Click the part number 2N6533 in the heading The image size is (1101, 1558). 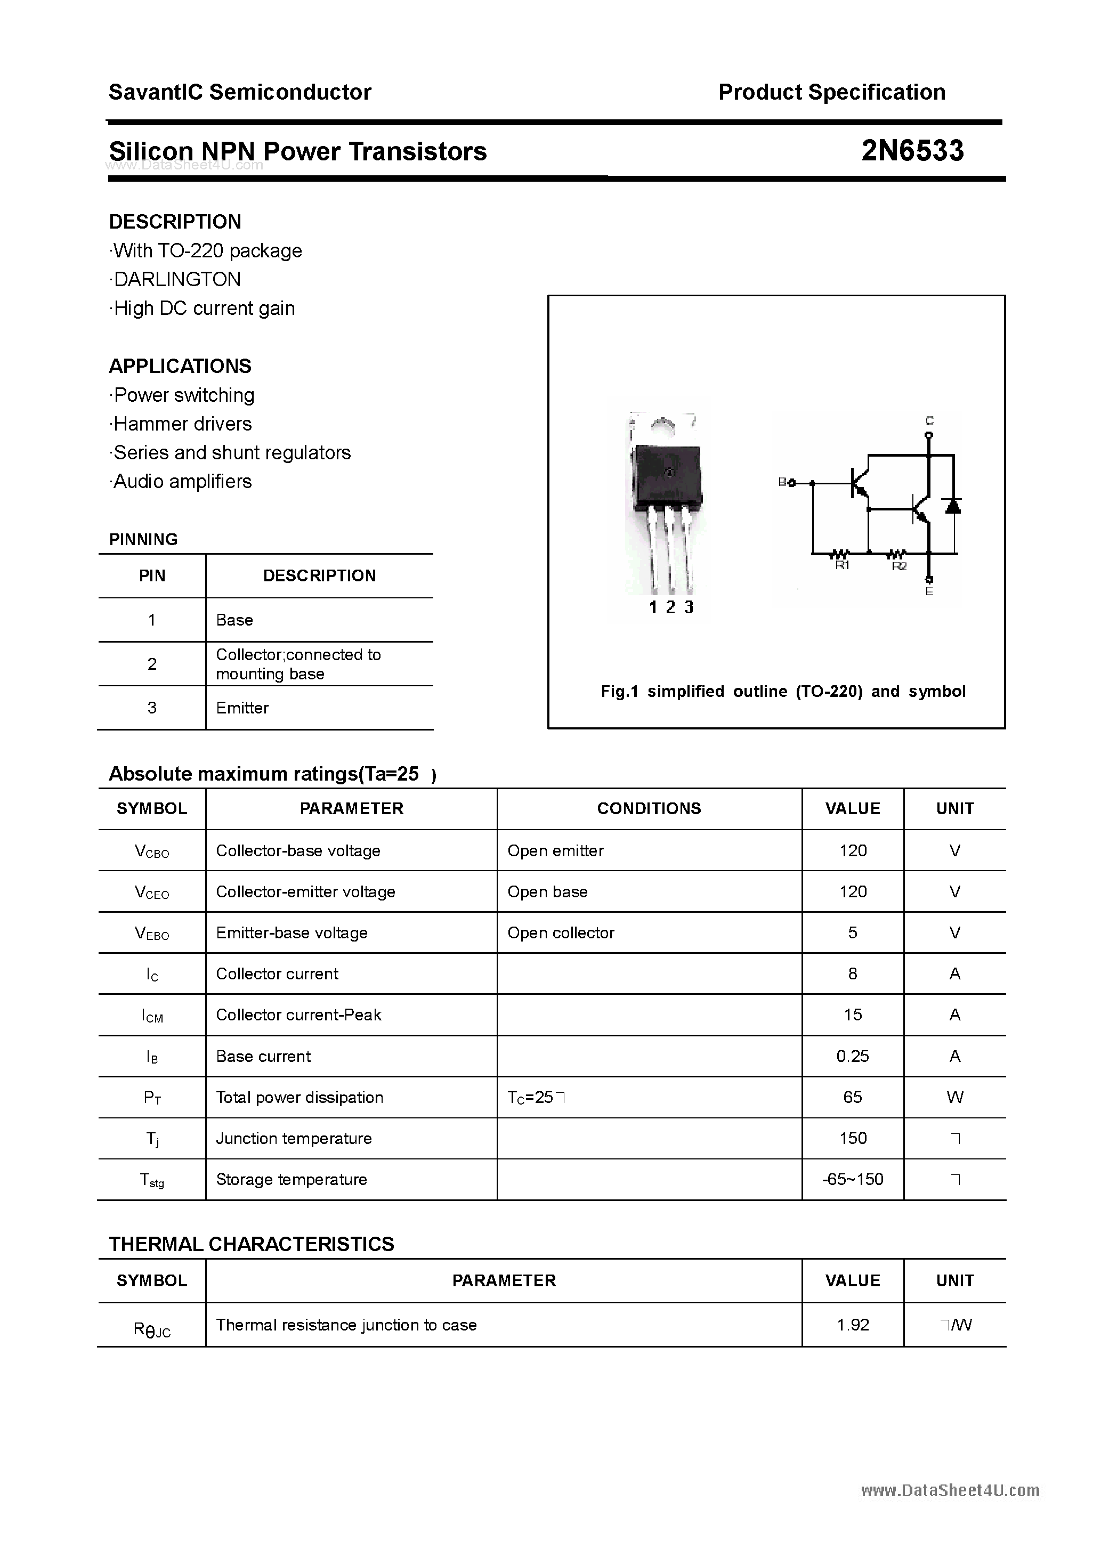click(x=912, y=151)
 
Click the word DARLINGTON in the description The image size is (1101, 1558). click(x=176, y=280)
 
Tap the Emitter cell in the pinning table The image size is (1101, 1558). click(x=242, y=708)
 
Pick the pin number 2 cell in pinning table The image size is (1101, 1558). click(x=152, y=664)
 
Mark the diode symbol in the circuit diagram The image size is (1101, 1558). click(x=953, y=506)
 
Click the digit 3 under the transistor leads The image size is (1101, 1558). click(x=689, y=607)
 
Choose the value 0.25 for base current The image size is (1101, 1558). click(x=853, y=1056)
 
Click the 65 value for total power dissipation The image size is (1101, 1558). click(x=853, y=1097)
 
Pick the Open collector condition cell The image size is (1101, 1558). click(x=561, y=933)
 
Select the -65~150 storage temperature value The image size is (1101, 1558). click(x=853, y=1179)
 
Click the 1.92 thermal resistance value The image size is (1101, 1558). click(x=853, y=1325)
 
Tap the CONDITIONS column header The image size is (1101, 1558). click(x=649, y=808)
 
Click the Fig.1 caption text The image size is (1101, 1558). click(x=783, y=692)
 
